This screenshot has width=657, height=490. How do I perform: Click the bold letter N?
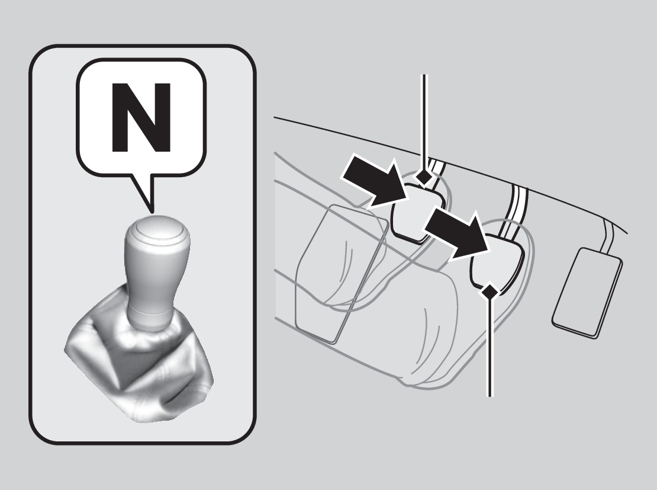(x=141, y=117)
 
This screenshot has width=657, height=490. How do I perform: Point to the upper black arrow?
(x=375, y=180)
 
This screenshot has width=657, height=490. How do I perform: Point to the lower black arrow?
(x=457, y=235)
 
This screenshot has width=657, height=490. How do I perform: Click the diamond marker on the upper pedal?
(x=424, y=178)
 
